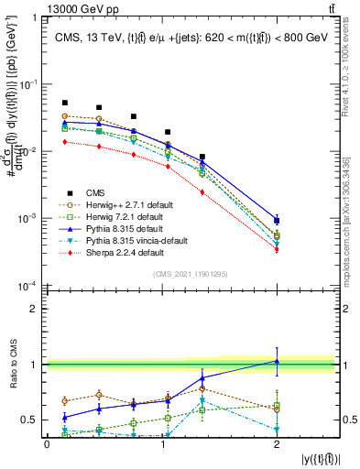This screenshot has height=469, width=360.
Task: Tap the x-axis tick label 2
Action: pos(278,445)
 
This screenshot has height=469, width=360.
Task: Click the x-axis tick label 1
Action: pos(162,445)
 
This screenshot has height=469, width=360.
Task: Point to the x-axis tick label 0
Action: pos(47,445)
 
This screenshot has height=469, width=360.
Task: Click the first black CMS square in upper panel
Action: pos(64,104)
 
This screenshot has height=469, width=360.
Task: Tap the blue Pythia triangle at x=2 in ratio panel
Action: pos(278,361)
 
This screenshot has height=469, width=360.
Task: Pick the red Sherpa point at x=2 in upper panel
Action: pos(278,249)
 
